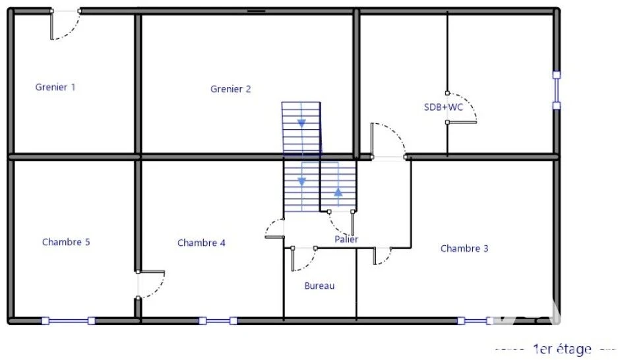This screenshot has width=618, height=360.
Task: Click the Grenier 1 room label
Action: (x=55, y=87)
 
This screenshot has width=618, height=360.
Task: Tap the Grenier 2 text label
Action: (x=231, y=89)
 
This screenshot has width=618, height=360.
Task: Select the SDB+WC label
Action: (x=443, y=107)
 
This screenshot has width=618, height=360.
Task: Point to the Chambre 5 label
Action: (x=66, y=242)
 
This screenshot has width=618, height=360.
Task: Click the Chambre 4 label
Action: (x=201, y=243)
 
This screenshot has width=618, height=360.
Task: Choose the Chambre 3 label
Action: (x=464, y=249)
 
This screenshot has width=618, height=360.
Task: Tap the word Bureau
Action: (x=319, y=285)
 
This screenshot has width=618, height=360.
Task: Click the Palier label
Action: (x=346, y=239)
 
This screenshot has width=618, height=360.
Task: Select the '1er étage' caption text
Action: (x=562, y=349)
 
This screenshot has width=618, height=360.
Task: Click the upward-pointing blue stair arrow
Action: (x=338, y=193)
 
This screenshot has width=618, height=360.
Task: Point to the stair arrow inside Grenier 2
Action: (x=301, y=123)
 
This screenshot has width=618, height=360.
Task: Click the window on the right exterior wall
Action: (x=557, y=90)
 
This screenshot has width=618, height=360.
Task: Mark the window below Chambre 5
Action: (x=69, y=321)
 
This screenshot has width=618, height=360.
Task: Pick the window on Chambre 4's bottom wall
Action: (x=218, y=321)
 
